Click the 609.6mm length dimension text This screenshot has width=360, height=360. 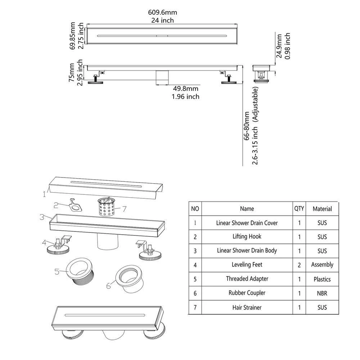tap(162, 13)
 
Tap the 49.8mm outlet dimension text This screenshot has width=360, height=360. tap(185, 89)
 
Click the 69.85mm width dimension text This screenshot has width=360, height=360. tap(73, 36)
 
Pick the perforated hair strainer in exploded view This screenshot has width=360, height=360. tap(107, 207)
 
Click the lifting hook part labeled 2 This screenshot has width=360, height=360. tap(75, 205)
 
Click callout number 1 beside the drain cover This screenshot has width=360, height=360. tap(44, 194)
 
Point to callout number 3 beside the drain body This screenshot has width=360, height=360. tap(42, 217)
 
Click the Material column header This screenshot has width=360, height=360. tap(322, 209)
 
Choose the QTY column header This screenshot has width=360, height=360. tap(299, 208)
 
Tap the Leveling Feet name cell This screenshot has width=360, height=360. tap(247, 265)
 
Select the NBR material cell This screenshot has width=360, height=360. tap(322, 293)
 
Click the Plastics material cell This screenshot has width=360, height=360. tap(322, 279)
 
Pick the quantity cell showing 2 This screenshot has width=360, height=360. tap(299, 265)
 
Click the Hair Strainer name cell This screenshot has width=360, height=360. tap(247, 307)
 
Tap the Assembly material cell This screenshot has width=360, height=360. tap(322, 265)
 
